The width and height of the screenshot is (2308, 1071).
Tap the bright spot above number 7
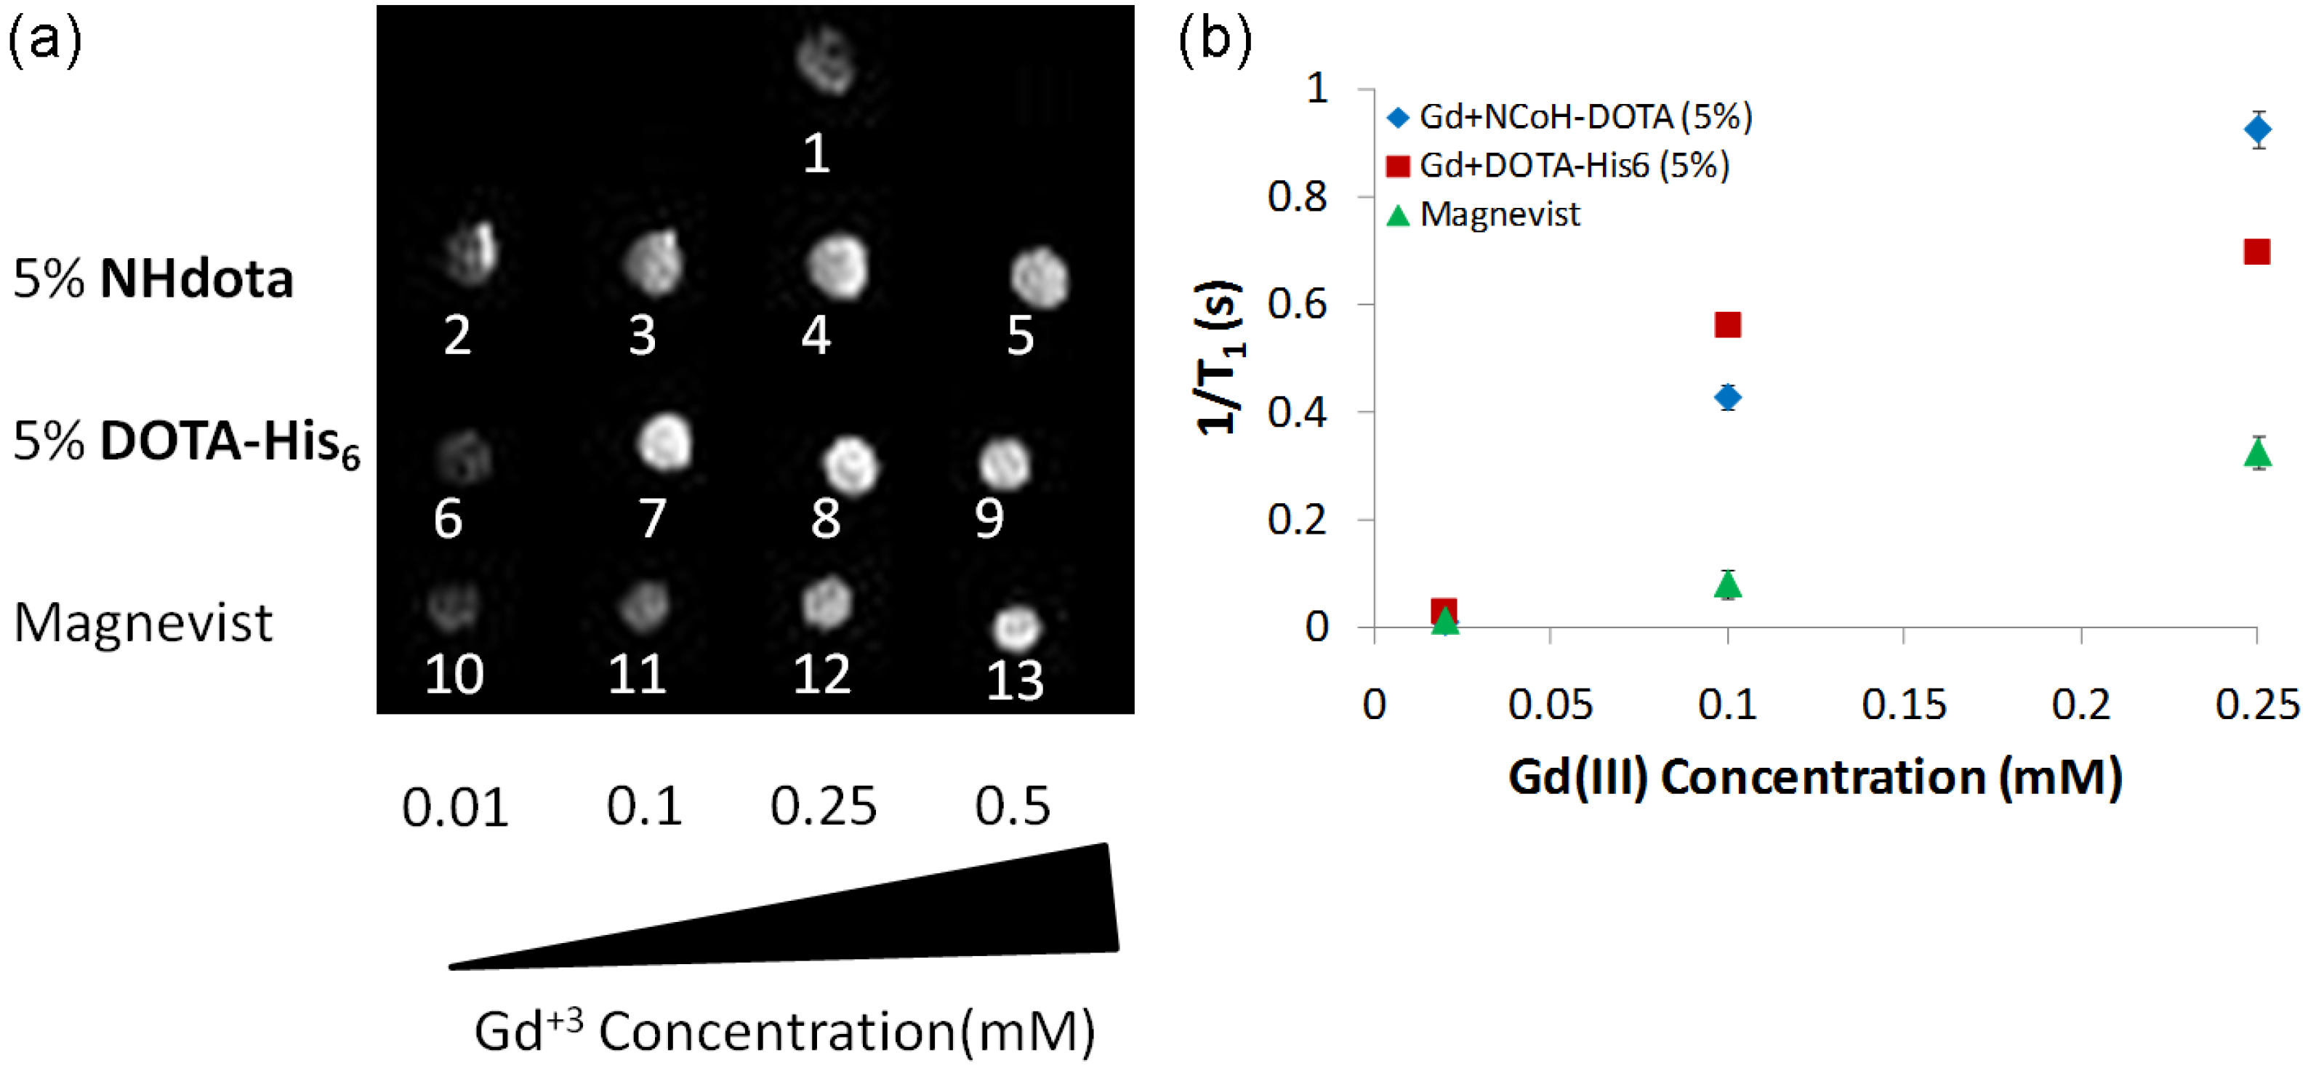[665, 443]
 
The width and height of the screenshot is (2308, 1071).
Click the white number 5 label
[1021, 336]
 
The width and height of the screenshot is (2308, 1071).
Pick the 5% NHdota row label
[153, 278]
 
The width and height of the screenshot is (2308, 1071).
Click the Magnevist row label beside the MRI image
[143, 622]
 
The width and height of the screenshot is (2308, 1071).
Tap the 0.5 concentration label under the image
[1013, 806]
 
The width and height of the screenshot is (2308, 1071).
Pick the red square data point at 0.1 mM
[1727, 324]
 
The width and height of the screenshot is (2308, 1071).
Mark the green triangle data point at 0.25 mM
[2257, 454]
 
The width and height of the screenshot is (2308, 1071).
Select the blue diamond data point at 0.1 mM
[1727, 397]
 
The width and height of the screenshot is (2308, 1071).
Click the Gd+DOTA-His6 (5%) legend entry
[1559, 166]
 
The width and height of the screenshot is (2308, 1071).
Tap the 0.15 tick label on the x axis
[1904, 705]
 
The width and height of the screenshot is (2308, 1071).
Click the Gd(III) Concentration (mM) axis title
[1815, 777]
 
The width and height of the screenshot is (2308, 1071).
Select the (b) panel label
[1214, 40]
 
